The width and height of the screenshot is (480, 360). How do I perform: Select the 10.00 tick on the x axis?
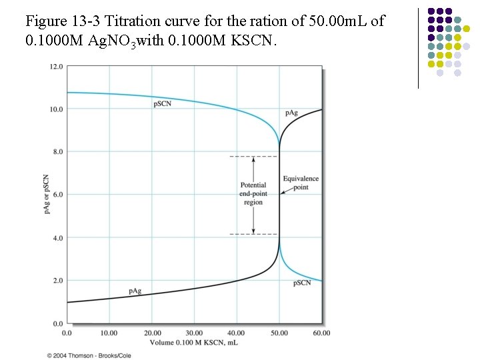pyautogui.click(x=109, y=332)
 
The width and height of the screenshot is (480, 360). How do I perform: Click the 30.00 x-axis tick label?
pyautogui.click(x=194, y=332)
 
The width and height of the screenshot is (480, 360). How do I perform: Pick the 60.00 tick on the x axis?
pyautogui.click(x=321, y=332)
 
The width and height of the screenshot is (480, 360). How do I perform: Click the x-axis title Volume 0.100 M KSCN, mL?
pyautogui.click(x=193, y=343)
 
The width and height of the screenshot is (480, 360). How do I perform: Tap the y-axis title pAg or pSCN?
pyautogui.click(x=46, y=195)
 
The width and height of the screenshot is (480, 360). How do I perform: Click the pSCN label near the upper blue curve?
pyautogui.click(x=163, y=103)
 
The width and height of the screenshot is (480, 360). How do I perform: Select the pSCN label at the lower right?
pyautogui.click(x=302, y=283)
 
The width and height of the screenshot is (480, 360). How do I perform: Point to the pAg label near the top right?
pyautogui.click(x=291, y=113)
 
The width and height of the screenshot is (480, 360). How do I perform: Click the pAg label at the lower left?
pyautogui.click(x=135, y=291)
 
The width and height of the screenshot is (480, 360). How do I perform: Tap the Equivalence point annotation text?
pyautogui.click(x=301, y=183)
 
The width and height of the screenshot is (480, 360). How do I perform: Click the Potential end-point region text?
pyautogui.click(x=253, y=193)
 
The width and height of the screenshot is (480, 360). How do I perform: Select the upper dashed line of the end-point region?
pyautogui.click(x=253, y=157)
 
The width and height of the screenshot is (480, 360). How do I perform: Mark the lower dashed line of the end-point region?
pyautogui.click(x=253, y=234)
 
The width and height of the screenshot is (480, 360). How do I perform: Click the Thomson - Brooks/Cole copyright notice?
pyautogui.click(x=89, y=355)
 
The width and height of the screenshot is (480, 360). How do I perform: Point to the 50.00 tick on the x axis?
pyautogui.click(x=279, y=332)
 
